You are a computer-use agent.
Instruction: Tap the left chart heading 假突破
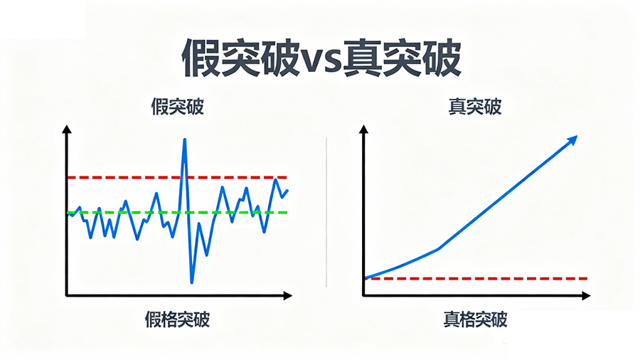(x=178, y=107)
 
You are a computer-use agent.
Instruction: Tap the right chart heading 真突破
(x=475, y=107)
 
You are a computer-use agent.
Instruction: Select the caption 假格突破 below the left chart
(x=178, y=318)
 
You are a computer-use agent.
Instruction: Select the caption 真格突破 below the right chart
(x=475, y=319)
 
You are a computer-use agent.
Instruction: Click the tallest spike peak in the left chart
(x=184, y=140)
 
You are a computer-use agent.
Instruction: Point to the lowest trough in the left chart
(x=191, y=282)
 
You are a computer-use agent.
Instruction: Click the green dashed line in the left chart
(x=107, y=213)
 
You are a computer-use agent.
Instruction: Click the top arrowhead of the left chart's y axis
(x=66, y=130)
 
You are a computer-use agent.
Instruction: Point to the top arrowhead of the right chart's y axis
(x=364, y=130)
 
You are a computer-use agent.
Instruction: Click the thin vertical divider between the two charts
(x=326, y=213)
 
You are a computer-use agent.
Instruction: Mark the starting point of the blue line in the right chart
(x=366, y=277)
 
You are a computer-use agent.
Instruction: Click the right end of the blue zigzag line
(x=287, y=191)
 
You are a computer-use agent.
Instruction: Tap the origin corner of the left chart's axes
(x=67, y=294)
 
